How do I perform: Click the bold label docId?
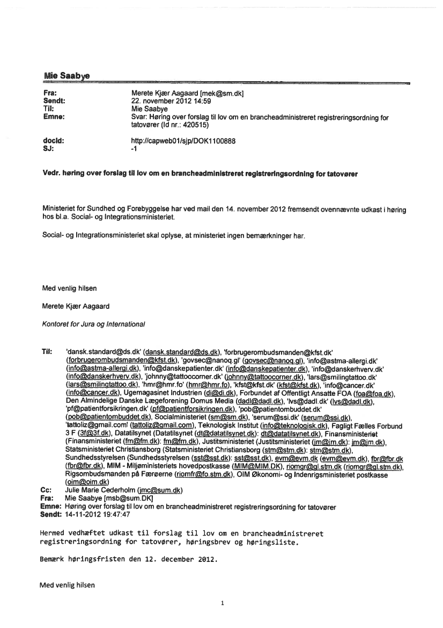(54, 141)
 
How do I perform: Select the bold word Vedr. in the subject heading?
(51, 174)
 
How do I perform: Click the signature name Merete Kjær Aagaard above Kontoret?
(76, 306)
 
